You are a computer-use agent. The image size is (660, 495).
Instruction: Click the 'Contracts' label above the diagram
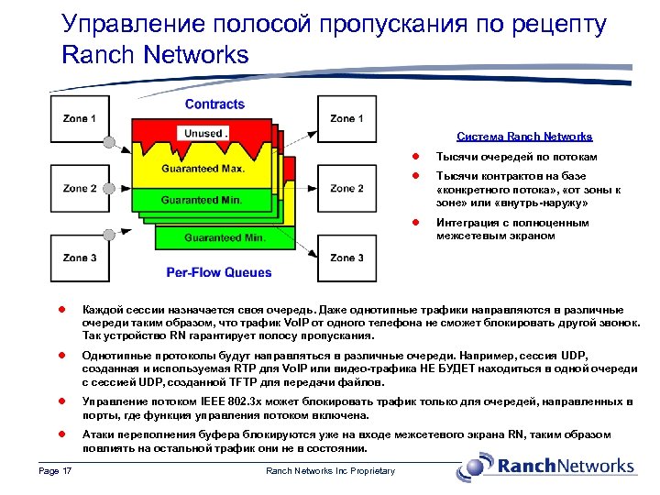pyautogui.click(x=214, y=104)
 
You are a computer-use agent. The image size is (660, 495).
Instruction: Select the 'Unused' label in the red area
pyautogui.click(x=203, y=134)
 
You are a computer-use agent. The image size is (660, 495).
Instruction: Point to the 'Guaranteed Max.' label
pyautogui.click(x=203, y=169)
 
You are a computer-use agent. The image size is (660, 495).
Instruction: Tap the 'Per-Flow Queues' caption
pyautogui.click(x=219, y=272)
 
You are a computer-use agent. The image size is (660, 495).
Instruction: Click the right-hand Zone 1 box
pyautogui.click(x=346, y=118)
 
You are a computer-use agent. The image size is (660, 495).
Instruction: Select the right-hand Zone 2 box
pyautogui.click(x=346, y=189)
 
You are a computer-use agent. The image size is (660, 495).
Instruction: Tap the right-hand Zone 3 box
pyautogui.click(x=346, y=258)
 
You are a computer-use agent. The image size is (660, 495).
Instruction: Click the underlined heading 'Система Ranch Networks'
pyautogui.click(x=524, y=137)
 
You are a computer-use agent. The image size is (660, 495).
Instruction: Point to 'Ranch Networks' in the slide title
pyautogui.click(x=155, y=55)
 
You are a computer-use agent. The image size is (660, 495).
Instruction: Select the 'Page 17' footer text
pyautogui.click(x=56, y=471)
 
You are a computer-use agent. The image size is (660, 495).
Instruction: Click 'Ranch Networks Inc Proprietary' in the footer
pyautogui.click(x=330, y=471)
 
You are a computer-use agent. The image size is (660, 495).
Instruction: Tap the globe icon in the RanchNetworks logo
pyautogui.click(x=476, y=467)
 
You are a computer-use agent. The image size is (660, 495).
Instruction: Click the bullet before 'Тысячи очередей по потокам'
pyautogui.click(x=414, y=157)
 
